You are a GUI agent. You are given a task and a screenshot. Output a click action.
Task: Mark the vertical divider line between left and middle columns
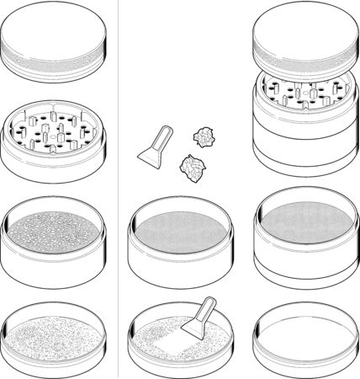pyautogui.click(x=118, y=189)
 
